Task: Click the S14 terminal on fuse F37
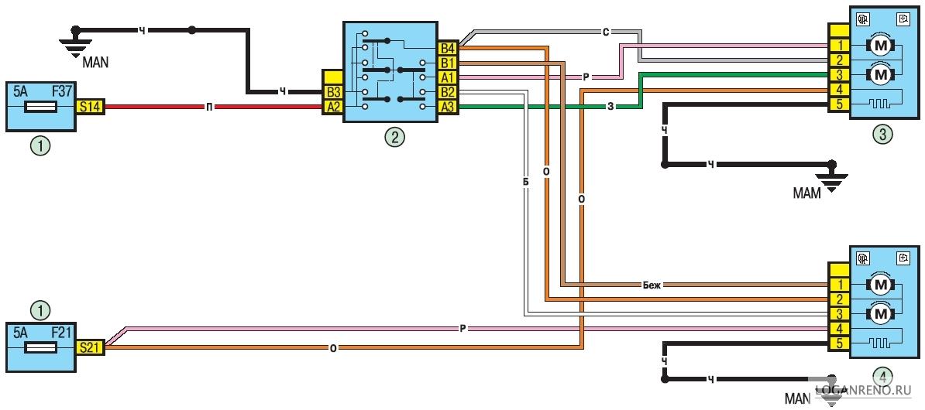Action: tap(91, 108)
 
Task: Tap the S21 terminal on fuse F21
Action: tap(91, 347)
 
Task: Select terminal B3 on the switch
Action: tap(332, 93)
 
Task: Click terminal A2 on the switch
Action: tap(332, 107)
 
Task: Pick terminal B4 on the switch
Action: tap(447, 48)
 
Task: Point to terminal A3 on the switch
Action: tap(447, 106)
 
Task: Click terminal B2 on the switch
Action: tap(447, 92)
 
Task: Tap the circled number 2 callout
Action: tap(394, 137)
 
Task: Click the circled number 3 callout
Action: tap(882, 135)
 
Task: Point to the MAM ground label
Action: tap(806, 193)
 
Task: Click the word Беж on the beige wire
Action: tap(653, 285)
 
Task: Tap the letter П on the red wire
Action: tap(210, 108)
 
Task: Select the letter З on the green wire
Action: tap(610, 107)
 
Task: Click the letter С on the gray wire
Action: tap(606, 32)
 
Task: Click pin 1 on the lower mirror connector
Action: tap(839, 285)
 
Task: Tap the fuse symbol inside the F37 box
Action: tap(40, 108)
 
